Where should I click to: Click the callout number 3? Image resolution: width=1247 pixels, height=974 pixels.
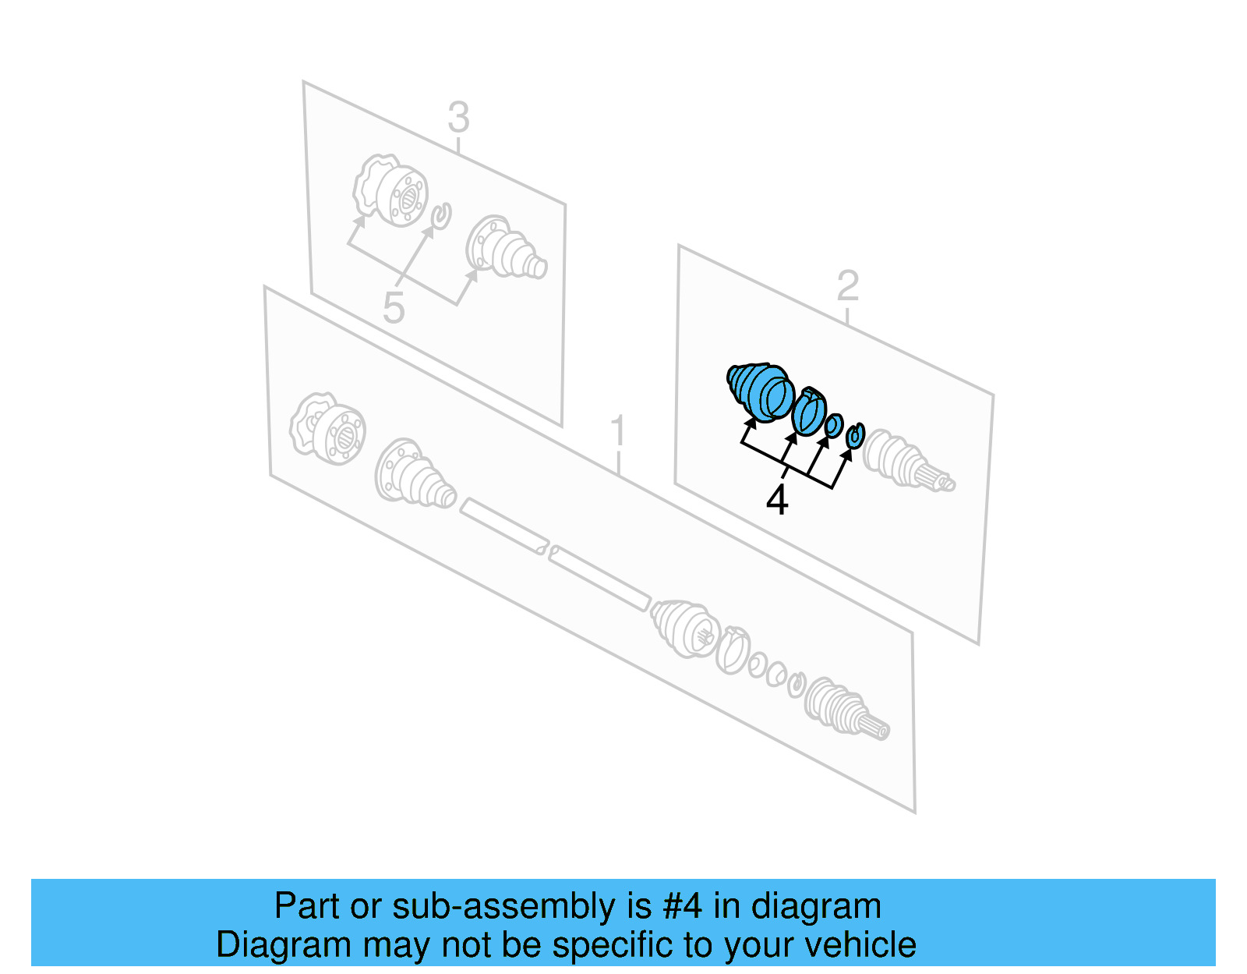[458, 118]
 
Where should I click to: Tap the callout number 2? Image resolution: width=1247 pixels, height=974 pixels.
[848, 285]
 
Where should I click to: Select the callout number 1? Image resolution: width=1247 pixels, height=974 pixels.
[617, 430]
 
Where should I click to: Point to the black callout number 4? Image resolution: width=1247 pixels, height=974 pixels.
[777, 500]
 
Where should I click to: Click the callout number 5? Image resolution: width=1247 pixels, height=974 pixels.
[394, 307]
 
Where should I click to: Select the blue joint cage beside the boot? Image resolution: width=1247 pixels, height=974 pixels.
[809, 410]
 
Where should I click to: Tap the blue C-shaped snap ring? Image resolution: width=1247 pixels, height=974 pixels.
[856, 435]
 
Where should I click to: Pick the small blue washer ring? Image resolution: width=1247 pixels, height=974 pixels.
[834, 425]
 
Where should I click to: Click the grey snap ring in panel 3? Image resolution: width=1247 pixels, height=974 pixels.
[441, 216]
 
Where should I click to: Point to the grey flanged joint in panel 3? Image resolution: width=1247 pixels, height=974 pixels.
[390, 189]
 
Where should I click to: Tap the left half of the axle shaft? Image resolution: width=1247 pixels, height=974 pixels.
[503, 526]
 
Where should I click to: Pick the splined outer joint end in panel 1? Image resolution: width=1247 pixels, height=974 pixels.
[846, 708]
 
